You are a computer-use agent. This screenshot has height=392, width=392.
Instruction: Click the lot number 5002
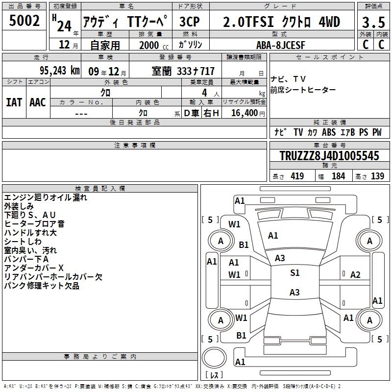tap(24, 21)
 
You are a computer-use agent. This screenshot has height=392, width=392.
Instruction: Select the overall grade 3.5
tap(373, 23)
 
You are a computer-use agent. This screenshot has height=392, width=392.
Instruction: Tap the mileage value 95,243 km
tap(60, 71)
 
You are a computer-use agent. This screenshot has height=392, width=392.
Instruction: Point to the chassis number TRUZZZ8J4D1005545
tap(329, 155)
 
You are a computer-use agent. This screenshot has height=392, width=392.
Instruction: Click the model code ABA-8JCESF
tap(281, 45)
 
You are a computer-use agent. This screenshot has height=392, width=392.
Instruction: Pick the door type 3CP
tap(190, 22)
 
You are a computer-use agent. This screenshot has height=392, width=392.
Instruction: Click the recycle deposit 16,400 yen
tap(248, 113)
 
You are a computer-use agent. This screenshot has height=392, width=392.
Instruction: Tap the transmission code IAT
tap(14, 102)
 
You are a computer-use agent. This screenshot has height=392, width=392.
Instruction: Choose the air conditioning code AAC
tap(38, 102)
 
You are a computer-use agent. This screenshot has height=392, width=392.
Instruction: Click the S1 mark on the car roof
tap(295, 272)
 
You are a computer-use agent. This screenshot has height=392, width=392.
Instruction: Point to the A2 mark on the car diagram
tap(355, 275)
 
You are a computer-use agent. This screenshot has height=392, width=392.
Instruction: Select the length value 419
tap(297, 176)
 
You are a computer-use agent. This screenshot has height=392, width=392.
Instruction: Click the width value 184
tap(338, 176)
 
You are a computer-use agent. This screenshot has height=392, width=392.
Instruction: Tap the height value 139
tap(377, 176)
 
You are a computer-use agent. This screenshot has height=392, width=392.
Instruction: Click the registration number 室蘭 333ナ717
tap(183, 71)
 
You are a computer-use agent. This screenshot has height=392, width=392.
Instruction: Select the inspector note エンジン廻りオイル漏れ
tap(46, 197)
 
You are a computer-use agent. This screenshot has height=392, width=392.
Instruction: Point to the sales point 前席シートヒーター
tap(303, 90)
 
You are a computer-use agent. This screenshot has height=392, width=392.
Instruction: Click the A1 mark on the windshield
tap(273, 236)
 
